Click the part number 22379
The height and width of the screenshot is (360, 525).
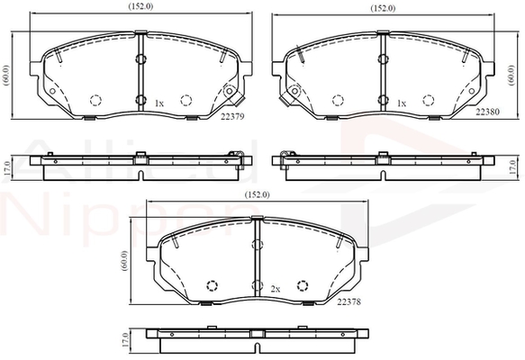pyautogui.click(x=232, y=116)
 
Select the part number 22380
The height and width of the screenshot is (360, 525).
pyautogui.click(x=487, y=112)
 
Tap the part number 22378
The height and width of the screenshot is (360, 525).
pyautogui.click(x=348, y=301)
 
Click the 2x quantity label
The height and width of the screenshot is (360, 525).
pyautogui.click(x=276, y=289)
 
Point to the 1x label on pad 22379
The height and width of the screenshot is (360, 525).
pyautogui.click(x=159, y=103)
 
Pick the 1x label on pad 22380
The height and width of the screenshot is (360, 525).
pyautogui.click(x=402, y=103)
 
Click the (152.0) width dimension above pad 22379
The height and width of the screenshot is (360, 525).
pyautogui.click(x=140, y=6)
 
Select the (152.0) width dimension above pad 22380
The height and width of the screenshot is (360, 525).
pyautogui.click(x=383, y=8)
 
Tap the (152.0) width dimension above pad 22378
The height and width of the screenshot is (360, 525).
pyautogui.click(x=258, y=194)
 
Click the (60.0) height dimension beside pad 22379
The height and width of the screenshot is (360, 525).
pyautogui.click(x=7, y=76)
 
